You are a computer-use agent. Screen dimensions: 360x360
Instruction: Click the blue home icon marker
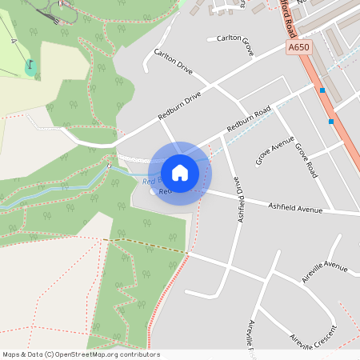point(180,172)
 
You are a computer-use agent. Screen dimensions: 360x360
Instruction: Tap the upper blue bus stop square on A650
point(322,90)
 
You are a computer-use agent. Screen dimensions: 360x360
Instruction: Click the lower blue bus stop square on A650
point(331,122)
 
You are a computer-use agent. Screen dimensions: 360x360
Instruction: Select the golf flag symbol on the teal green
point(30,66)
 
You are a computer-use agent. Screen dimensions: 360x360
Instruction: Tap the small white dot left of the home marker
point(152,192)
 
